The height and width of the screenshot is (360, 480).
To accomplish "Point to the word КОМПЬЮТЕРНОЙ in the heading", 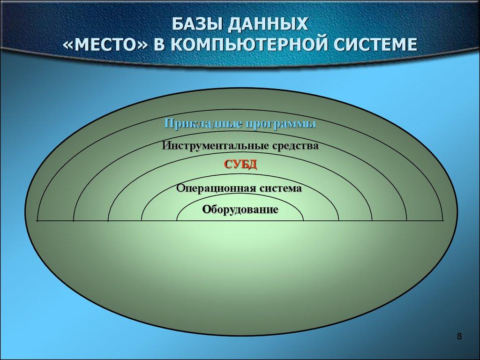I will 248,45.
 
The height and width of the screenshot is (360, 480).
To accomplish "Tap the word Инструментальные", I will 216,146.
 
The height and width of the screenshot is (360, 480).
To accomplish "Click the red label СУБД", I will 240,165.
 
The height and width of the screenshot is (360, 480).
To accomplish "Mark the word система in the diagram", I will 280,188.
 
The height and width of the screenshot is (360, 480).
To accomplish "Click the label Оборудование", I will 240,209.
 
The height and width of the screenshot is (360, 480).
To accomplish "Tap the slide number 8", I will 459,337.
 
